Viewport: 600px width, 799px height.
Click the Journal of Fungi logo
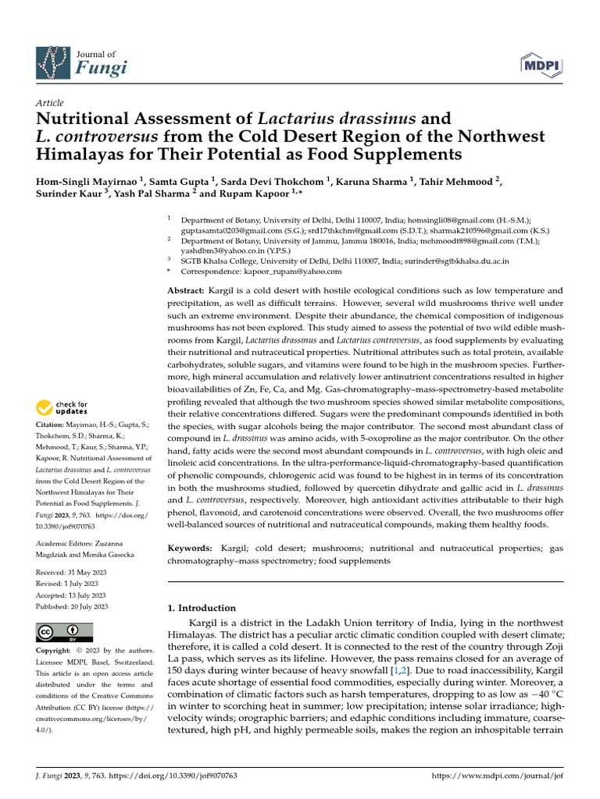[81, 62]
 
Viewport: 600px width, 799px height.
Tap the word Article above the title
[50, 103]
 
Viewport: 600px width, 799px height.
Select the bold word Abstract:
[187, 290]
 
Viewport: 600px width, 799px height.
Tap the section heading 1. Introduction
[202, 608]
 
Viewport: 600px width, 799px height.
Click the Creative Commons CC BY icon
[64, 631]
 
